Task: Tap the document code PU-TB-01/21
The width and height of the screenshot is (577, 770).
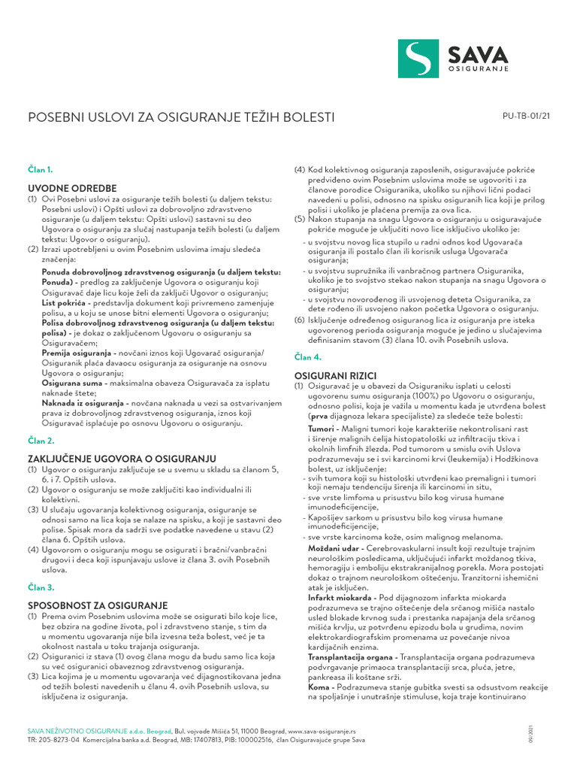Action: [x=526, y=116]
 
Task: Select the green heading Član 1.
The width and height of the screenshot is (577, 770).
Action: [x=41, y=171]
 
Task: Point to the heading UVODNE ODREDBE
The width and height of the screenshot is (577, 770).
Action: [x=72, y=187]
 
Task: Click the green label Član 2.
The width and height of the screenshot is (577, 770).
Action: [x=41, y=441]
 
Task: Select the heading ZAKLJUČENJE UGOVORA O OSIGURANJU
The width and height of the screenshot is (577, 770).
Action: [x=122, y=458]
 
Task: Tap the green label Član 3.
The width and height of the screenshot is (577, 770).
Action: [x=41, y=587]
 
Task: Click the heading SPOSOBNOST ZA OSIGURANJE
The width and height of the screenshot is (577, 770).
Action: [x=97, y=605]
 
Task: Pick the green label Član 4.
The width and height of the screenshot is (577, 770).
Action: [x=307, y=357]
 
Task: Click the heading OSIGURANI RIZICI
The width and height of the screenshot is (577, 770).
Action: [x=335, y=374]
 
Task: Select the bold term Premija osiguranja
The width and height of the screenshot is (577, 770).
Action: [x=76, y=353]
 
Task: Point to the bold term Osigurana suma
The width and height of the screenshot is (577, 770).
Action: [x=71, y=383]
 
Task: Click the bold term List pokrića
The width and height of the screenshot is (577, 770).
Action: [x=64, y=302]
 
